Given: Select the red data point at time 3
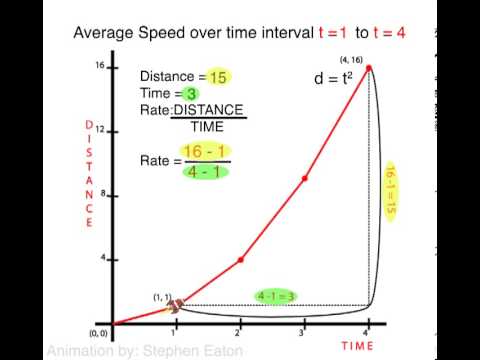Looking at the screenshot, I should [x=304, y=178].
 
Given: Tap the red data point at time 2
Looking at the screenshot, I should [x=240, y=260].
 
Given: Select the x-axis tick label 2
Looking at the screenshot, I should [x=240, y=333].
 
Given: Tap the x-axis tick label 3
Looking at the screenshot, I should [x=304, y=333].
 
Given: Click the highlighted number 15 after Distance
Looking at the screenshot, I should [x=219, y=76].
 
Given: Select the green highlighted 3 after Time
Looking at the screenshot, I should [x=189, y=92].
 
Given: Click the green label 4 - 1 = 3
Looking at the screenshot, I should [x=276, y=295].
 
